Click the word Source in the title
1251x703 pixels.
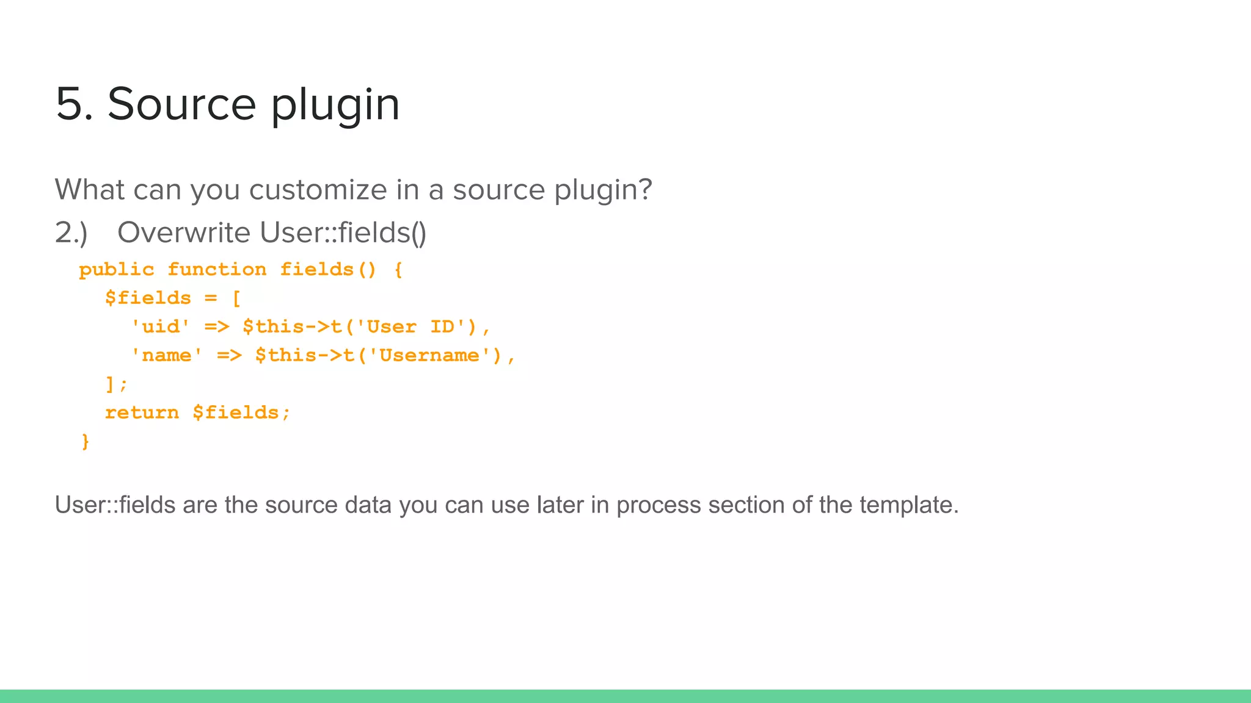pyautogui.click(x=181, y=104)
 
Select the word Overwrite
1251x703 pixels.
pyautogui.click(x=184, y=233)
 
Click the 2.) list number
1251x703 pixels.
pyautogui.click(x=71, y=233)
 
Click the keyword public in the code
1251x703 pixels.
pyautogui.click(x=117, y=270)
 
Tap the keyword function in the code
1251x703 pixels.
pyautogui.click(x=217, y=270)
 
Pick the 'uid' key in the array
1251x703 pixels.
pyautogui.click(x=161, y=326)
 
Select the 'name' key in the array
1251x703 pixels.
pyautogui.click(x=167, y=355)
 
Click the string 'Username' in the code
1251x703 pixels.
pyautogui.click(x=429, y=355)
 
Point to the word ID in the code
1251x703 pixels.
pyautogui.click(x=442, y=326)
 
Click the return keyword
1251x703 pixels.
pyautogui.click(x=142, y=413)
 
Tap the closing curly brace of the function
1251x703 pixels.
pyautogui.click(x=86, y=441)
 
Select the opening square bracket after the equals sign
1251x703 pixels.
pyautogui.click(x=236, y=298)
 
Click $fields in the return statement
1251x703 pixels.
pyautogui.click(x=235, y=413)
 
